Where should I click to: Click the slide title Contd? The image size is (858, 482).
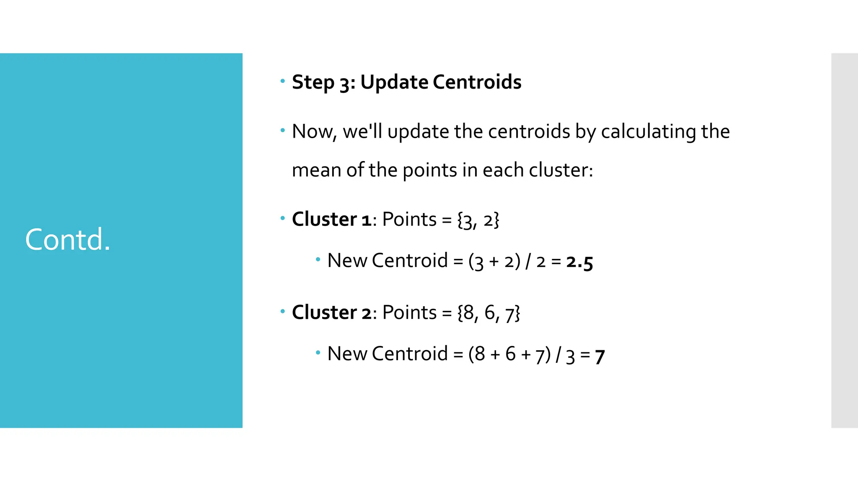pos(67,240)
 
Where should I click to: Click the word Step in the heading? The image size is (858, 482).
pos(313,82)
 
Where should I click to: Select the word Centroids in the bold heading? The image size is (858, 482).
pos(477,82)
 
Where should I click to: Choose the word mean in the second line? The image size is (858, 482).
pos(316,170)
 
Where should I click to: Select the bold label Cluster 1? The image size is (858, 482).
pos(331,220)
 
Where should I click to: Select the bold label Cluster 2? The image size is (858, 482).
pos(331,313)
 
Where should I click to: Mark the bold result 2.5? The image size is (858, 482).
pos(579,262)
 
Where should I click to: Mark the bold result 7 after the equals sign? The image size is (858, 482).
pos(600,356)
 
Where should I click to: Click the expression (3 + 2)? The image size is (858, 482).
pos(494,262)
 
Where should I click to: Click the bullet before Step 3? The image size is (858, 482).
pos(283,81)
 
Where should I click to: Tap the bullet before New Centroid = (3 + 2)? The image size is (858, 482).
pos(318,260)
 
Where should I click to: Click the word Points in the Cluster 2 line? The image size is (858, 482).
pos(409,313)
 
